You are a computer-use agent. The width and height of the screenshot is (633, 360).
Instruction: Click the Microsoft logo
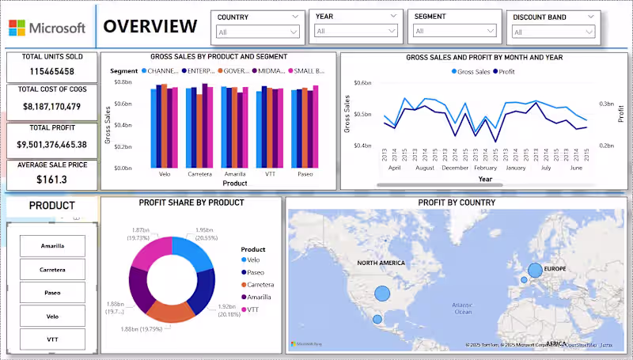pos(46,27)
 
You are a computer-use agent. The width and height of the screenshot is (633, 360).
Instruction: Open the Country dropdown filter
pos(258,32)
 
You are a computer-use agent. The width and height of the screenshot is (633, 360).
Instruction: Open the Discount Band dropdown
pos(553,32)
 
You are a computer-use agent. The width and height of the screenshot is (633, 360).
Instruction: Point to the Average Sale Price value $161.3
pos(51,180)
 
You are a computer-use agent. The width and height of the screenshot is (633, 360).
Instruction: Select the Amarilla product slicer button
pos(53,246)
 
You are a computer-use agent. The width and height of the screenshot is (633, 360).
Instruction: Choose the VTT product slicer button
pos(53,339)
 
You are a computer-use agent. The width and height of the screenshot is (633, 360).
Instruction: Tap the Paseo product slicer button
pos(53,293)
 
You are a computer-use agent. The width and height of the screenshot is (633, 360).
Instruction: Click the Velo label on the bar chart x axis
pos(165,174)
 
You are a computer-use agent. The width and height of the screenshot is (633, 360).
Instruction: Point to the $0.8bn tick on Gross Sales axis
pos(122,82)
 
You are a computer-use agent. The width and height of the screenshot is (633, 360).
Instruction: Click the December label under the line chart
pos(456,168)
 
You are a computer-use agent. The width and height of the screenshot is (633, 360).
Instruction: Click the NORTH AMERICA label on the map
pos(381,263)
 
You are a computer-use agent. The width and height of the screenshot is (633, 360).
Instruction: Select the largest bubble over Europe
pos(535,271)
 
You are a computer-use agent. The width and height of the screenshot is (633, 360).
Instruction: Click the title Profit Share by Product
pos(191,203)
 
